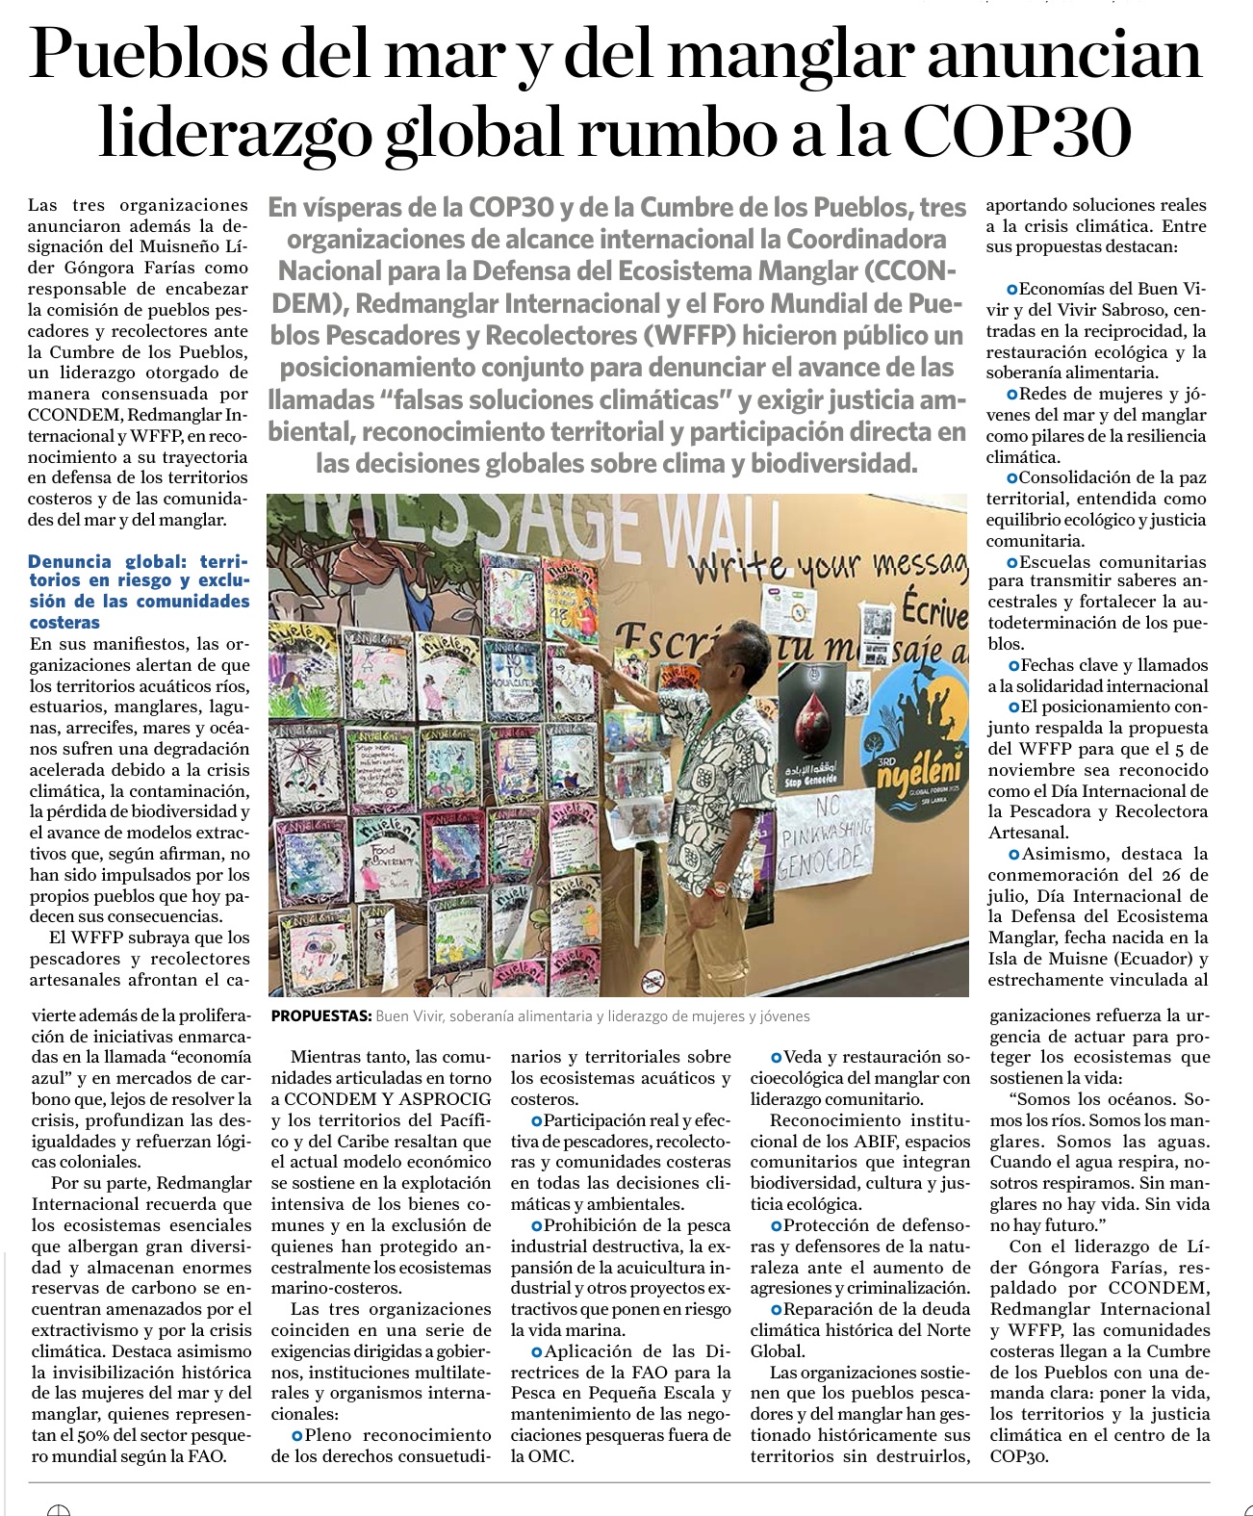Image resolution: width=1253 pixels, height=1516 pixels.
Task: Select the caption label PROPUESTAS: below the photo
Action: pos(320,1016)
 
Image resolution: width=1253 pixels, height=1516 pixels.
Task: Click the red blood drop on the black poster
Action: pos(811,725)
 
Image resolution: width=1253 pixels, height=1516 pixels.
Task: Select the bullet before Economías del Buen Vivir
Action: pos(1011,289)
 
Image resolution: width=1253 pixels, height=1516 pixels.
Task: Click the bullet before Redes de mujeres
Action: pos(1011,395)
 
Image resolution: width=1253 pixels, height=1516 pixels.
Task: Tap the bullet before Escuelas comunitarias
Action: pos(1012,562)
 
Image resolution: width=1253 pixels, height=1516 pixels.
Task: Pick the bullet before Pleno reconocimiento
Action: pos(296,1435)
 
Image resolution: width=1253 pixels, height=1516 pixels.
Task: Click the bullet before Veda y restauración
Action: pos(776,1058)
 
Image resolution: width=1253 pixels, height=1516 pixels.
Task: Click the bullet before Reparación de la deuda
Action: pos(776,1310)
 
